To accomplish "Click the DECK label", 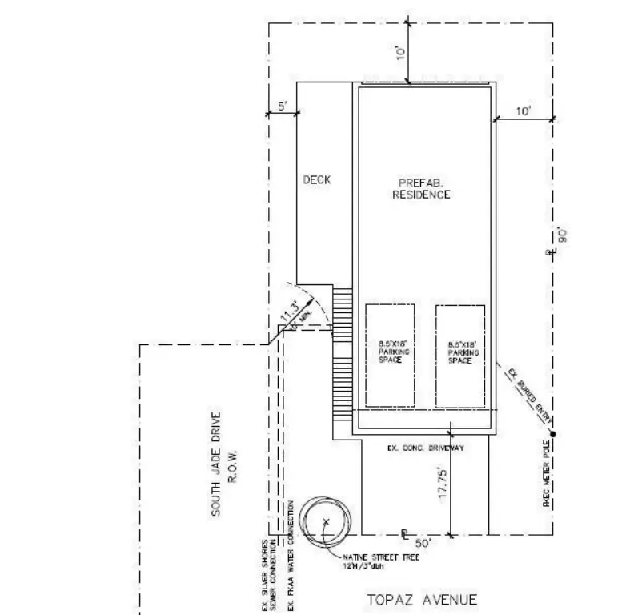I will pos(316,179).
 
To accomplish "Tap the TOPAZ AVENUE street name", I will pos(422,599).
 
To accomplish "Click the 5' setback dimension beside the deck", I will pos(282,106).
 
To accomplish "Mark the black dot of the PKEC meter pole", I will pos(552,434).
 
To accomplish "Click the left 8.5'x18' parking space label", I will pos(389,352).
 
